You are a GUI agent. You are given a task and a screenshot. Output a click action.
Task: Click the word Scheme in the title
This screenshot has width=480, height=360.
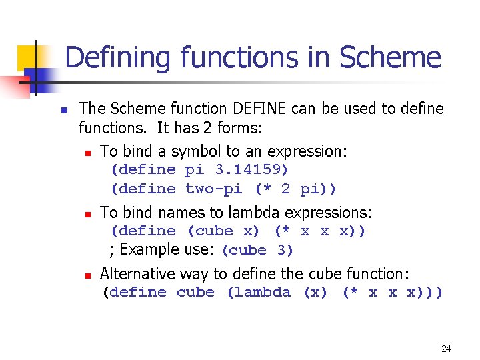coord(390,57)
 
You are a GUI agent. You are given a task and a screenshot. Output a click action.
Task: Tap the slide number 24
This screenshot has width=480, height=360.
coord(446,349)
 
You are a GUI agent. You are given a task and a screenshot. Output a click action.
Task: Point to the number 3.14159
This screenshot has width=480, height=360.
coord(252,169)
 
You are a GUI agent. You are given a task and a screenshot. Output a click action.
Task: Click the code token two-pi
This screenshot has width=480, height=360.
coord(213,189)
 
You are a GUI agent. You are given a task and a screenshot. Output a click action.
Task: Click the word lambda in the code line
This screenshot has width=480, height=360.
coord(259,292)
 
